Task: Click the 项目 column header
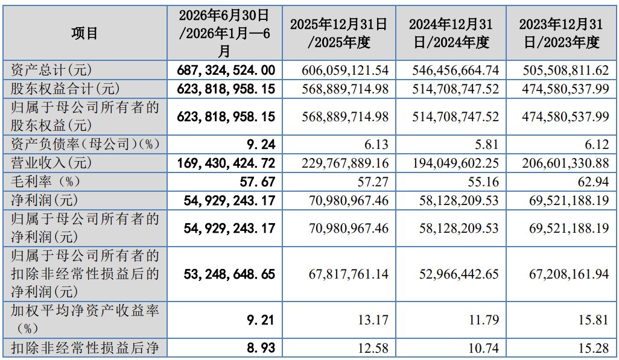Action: (84, 33)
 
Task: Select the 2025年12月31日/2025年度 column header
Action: (338, 33)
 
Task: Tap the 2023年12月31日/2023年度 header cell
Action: (561, 33)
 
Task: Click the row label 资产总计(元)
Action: (51, 71)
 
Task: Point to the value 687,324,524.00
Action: (226, 71)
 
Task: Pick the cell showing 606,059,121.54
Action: (345, 71)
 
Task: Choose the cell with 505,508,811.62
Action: (566, 71)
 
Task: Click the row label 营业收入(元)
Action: (51, 163)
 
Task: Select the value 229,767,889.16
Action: (345, 163)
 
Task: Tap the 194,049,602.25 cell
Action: (456, 163)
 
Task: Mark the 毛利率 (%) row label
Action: (45, 181)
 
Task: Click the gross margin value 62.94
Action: (593, 182)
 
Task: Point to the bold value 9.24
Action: (261, 145)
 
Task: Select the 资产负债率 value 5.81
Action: (486, 145)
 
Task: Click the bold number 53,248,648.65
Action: (229, 274)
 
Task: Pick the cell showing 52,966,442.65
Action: (459, 274)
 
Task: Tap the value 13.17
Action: (373, 320)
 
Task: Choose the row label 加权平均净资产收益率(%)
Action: (85, 320)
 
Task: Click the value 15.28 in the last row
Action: (594, 348)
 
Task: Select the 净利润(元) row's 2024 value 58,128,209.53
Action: (459, 200)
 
